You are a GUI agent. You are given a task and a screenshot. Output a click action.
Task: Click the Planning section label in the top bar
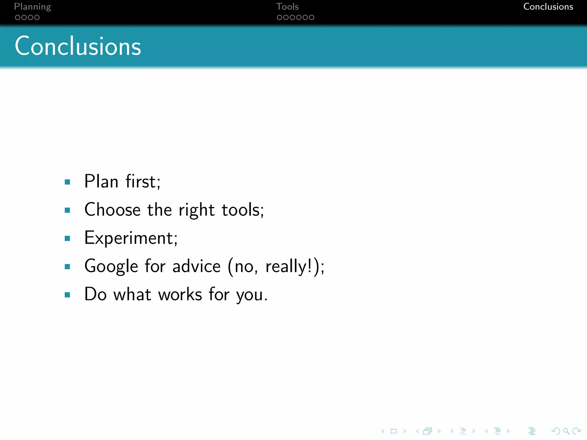32,7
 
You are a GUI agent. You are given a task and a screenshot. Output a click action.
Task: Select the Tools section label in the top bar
287,7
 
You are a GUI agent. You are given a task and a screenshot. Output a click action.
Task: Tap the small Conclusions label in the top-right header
548,7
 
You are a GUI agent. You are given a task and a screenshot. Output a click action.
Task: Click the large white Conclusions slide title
78,46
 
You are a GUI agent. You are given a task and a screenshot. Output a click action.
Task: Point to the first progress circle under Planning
17,17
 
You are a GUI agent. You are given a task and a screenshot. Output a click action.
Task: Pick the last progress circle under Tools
312,17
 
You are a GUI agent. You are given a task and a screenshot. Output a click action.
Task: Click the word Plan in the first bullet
101,181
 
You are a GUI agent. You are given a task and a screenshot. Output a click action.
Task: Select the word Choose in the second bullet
112,210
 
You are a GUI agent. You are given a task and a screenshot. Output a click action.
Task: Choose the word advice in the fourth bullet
196,266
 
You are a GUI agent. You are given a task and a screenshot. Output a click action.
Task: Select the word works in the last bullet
180,294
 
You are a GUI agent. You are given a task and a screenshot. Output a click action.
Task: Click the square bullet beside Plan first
68,182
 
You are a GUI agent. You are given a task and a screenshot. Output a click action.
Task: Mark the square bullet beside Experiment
68,238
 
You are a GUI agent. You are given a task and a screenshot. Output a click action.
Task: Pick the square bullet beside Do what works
68,295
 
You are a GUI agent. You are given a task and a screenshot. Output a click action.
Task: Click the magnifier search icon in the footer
566,431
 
